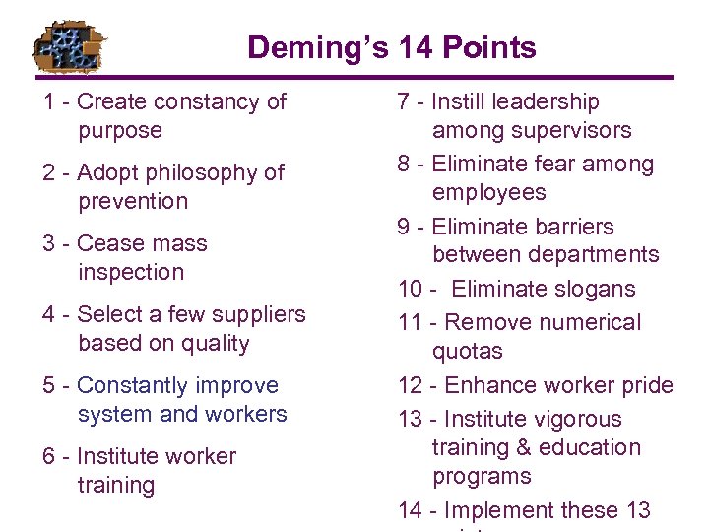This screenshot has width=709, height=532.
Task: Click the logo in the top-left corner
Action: click(x=68, y=45)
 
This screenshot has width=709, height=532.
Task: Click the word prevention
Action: click(x=133, y=201)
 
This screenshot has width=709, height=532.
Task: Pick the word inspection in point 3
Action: click(x=131, y=272)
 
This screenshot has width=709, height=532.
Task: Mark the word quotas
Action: click(x=468, y=351)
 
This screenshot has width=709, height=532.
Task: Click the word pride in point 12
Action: click(x=644, y=385)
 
